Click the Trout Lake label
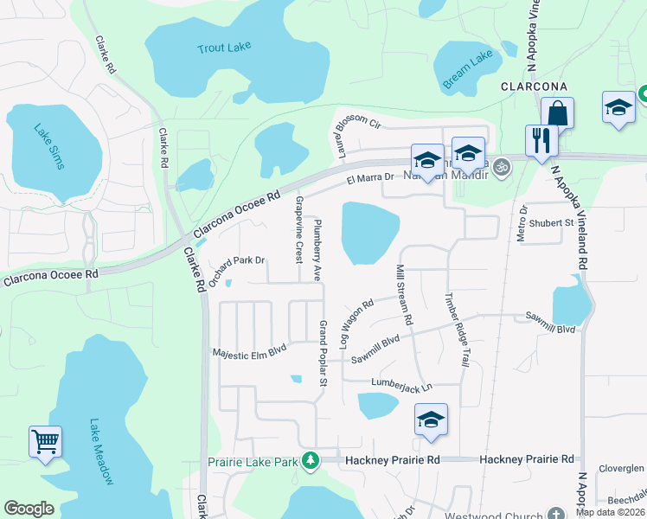click(223, 48)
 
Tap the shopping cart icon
click(45, 442)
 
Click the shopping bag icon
click(557, 113)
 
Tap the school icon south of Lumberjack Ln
click(431, 420)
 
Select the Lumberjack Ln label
click(400, 381)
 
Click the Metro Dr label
click(522, 224)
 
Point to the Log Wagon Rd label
click(356, 321)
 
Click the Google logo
click(29, 509)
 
